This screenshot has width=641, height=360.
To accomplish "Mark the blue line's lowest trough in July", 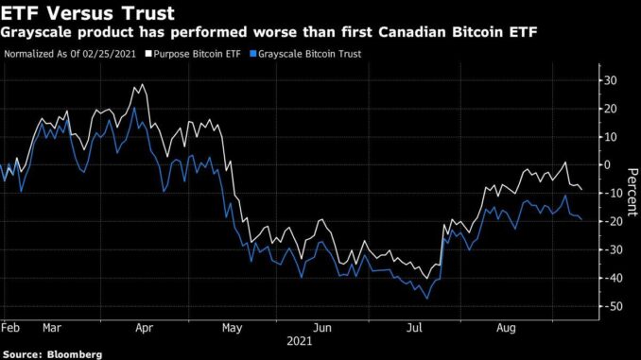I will (426, 299).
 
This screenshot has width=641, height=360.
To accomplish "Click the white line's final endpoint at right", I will (581, 190).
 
